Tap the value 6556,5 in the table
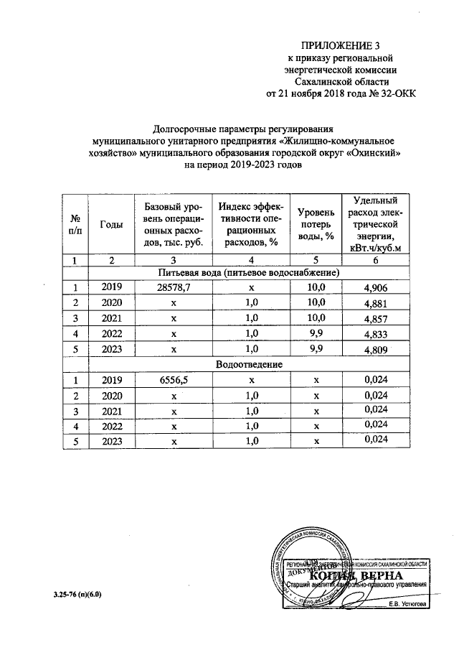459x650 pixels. coord(167,381)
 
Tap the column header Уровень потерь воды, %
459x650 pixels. coord(316,224)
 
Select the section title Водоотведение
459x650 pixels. coord(250,365)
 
